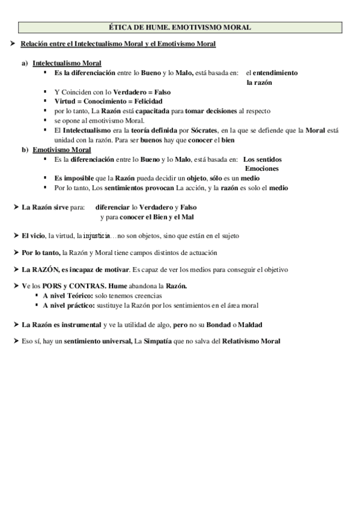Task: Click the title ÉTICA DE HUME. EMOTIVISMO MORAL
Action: [x=180, y=27]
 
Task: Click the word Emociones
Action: [x=261, y=168]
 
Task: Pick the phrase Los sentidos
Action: [x=263, y=159]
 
